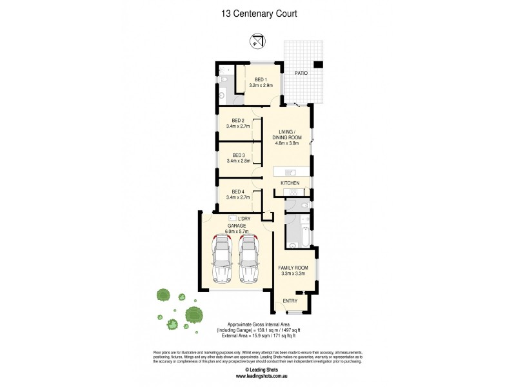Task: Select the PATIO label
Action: click(301, 74)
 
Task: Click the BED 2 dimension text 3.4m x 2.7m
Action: click(239, 126)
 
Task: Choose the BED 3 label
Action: click(239, 155)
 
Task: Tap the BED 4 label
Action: click(239, 192)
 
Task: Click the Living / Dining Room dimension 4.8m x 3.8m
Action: click(286, 143)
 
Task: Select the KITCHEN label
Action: click(290, 184)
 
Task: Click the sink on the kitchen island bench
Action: click(289, 172)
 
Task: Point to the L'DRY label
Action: click(244, 219)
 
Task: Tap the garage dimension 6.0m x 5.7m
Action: click(235, 232)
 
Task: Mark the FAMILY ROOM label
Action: click(293, 267)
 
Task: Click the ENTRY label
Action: click(290, 301)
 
